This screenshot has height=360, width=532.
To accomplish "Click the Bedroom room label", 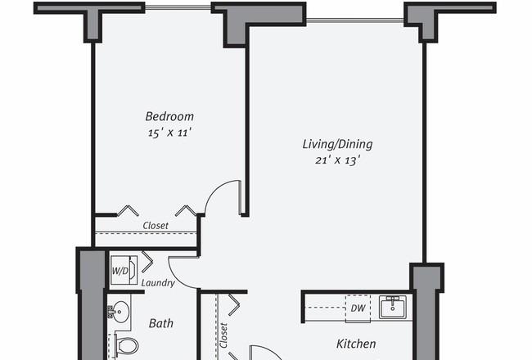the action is (x=169, y=116).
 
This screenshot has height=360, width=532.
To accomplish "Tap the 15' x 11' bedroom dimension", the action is (x=169, y=133).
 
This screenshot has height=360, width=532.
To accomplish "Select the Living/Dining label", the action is (x=337, y=144).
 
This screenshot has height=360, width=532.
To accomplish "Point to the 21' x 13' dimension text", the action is (x=337, y=160).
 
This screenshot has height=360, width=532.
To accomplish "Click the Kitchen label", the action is (x=356, y=344).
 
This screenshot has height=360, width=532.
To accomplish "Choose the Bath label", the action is (x=160, y=323).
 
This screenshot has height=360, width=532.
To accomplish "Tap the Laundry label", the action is (x=158, y=283).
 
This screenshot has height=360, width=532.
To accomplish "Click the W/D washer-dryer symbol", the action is (x=124, y=271).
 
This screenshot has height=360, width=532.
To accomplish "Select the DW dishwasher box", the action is (x=358, y=308).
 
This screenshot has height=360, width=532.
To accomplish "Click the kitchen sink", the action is (x=393, y=307).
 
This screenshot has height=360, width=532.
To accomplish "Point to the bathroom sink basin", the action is (x=119, y=311).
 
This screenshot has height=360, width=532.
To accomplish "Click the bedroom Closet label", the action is (x=156, y=226).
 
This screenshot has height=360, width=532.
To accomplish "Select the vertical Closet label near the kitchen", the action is (x=223, y=335).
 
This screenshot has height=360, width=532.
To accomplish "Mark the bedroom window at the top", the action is (x=178, y=7).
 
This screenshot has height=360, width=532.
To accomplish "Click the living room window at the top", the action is (x=355, y=20).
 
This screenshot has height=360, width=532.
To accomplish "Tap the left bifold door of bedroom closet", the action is (x=128, y=210).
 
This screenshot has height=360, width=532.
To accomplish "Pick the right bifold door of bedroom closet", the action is (x=186, y=210).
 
